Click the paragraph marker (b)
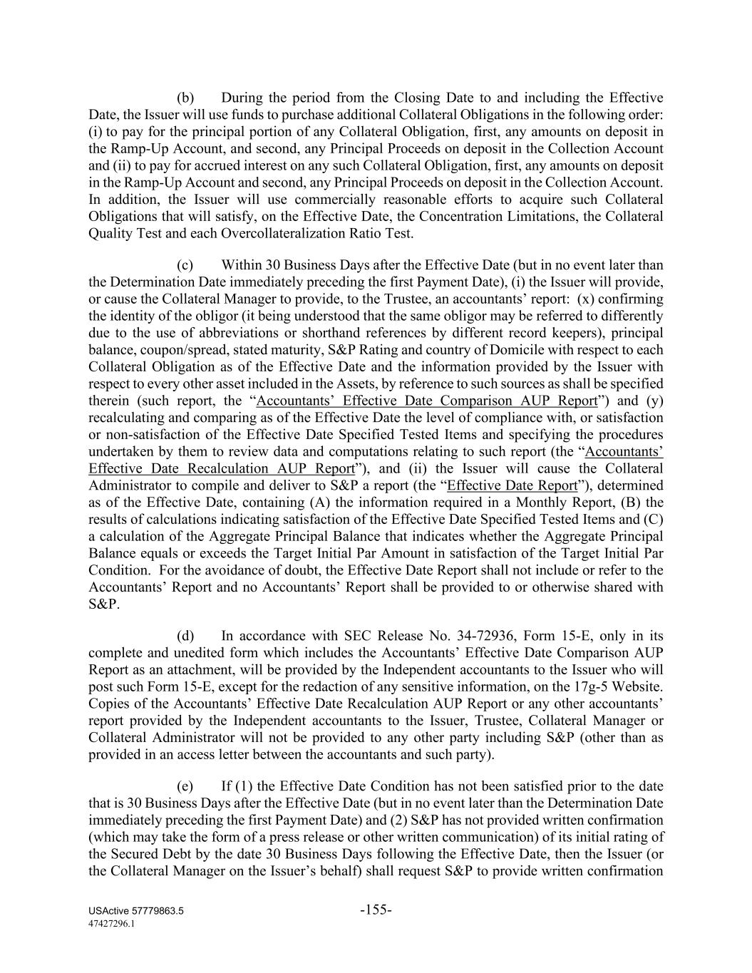(185, 98)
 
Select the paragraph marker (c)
(185, 265)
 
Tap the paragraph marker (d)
(185, 636)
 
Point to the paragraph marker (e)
(185, 786)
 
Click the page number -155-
(376, 910)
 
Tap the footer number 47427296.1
(112, 924)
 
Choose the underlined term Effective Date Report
(512, 485)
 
